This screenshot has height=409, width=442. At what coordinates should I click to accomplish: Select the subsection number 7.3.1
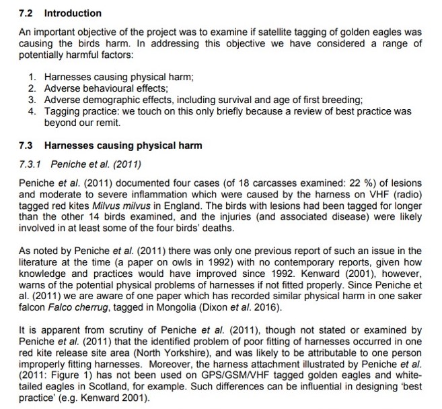click(32, 164)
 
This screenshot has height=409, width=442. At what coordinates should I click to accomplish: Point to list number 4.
click(32, 111)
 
